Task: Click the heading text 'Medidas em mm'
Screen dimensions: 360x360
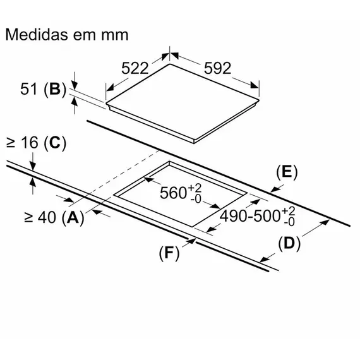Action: pos(66,34)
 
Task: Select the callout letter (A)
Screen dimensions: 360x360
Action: pos(73,218)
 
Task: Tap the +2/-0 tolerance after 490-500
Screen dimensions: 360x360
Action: pos(289,217)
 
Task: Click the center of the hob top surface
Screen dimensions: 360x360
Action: pos(183,101)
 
